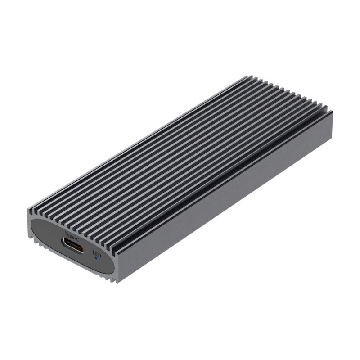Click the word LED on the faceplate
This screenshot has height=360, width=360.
97,253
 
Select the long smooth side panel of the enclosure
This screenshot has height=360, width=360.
225,198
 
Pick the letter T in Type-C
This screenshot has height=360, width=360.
66,233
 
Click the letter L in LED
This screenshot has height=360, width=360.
94,252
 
